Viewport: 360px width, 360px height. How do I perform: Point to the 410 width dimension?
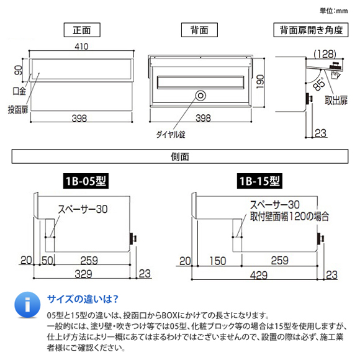click(82, 47)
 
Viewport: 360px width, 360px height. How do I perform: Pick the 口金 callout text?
click(20, 91)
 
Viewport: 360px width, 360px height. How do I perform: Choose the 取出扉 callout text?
click(335, 101)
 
